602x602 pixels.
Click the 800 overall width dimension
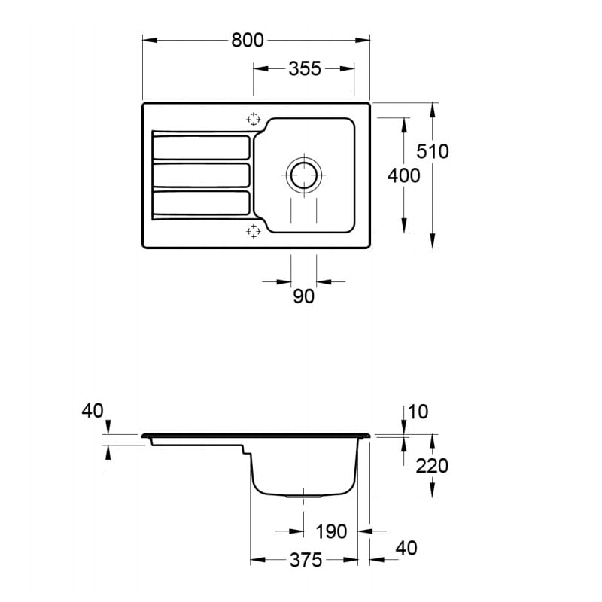[248, 41]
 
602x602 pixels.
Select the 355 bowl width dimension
[305, 69]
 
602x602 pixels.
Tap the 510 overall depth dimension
[433, 151]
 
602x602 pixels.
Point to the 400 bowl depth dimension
[404, 176]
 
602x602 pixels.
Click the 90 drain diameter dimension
[304, 296]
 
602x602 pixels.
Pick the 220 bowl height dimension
[432, 466]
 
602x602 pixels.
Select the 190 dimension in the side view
[331, 532]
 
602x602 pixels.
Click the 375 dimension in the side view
[306, 560]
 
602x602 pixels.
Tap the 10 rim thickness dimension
[418, 412]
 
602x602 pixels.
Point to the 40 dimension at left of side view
[93, 411]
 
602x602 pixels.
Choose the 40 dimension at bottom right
[406, 548]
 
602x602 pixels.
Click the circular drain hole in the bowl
[304, 175]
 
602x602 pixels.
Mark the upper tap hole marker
[254, 120]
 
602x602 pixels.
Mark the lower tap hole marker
[254, 231]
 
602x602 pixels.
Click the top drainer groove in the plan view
[201, 147]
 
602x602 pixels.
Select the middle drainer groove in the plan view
[201, 175]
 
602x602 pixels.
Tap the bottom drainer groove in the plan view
[201, 203]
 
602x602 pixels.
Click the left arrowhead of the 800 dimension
[150, 40]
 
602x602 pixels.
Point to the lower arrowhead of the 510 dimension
[433, 240]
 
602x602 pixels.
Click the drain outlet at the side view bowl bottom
[303, 497]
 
